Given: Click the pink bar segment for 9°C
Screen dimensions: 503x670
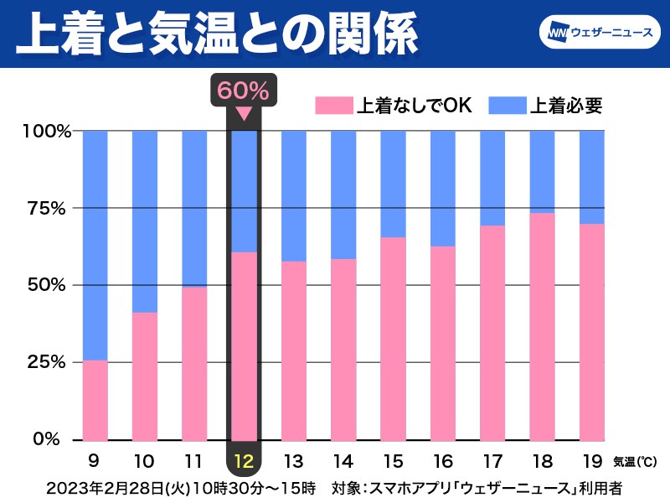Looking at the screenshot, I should [x=95, y=400].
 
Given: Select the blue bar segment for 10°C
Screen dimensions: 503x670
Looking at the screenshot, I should [x=145, y=221].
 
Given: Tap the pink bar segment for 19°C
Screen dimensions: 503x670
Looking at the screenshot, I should [x=592, y=331].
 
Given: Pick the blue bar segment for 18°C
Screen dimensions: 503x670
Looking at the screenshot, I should [x=543, y=172].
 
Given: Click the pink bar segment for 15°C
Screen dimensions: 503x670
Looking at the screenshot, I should [x=394, y=339].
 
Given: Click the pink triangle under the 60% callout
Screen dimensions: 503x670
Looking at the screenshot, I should [x=244, y=114].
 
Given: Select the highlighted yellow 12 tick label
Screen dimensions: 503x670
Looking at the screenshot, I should [x=244, y=460].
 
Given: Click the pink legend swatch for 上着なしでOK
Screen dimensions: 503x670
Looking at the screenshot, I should [x=334, y=106].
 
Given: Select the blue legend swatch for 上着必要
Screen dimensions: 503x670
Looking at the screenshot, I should [x=505, y=106].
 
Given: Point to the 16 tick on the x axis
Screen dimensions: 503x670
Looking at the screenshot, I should [x=443, y=460].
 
